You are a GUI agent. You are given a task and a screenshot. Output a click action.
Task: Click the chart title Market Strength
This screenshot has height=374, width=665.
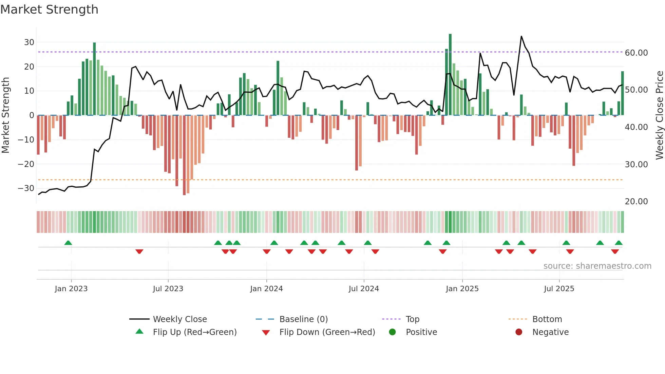coord(49,10)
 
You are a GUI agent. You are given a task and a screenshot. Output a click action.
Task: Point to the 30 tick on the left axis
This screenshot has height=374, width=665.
coord(29,42)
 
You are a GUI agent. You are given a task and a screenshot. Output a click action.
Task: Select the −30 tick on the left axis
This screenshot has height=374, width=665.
coord(26,188)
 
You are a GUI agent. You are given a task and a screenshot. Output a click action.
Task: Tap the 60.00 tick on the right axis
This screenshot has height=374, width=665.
coord(636,53)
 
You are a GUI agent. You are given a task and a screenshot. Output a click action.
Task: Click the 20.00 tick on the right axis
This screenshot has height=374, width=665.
coord(636,202)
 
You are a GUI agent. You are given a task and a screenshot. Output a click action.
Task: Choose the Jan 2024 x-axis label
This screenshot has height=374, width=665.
coord(266,289)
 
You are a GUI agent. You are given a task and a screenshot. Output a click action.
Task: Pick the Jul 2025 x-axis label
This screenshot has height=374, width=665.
coord(559,289)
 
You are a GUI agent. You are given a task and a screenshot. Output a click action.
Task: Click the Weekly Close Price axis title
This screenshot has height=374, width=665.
coord(659,115)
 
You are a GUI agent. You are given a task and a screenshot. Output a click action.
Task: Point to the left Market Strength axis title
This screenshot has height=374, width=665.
coord(5,115)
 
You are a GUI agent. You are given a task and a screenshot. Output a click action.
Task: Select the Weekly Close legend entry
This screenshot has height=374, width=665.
coord(179,319)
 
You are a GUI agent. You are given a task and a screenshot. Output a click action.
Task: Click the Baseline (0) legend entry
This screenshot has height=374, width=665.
coord(303,319)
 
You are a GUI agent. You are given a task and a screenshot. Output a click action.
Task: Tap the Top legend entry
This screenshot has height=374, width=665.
coord(412,319)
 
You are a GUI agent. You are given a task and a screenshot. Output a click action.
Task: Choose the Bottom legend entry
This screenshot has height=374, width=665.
coord(547,319)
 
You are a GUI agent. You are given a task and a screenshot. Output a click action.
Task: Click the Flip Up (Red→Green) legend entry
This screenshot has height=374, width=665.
coord(194,332)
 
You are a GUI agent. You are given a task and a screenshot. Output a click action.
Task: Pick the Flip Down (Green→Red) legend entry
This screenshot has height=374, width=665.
coord(327,332)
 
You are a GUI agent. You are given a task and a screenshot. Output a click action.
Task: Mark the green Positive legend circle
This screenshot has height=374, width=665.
coord(393,332)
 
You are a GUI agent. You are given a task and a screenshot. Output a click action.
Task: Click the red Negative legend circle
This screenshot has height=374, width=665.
coord(519,332)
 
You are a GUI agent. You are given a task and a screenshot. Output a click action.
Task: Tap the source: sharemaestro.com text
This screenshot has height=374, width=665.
coord(597,266)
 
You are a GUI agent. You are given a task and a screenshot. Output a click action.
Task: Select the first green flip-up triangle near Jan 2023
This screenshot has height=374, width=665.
coord(68,243)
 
